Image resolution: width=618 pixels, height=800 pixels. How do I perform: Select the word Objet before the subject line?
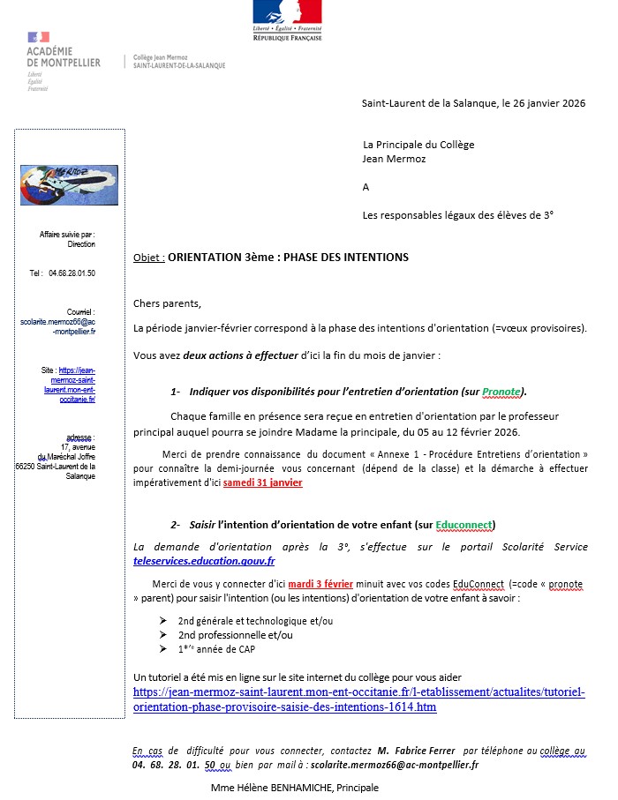[148, 258]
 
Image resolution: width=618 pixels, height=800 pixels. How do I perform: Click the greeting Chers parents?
[167, 303]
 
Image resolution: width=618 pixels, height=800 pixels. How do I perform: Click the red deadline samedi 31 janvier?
[263, 483]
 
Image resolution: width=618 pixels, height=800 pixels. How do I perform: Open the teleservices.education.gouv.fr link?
[203, 560]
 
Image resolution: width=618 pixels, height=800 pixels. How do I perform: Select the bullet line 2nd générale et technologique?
[255, 621]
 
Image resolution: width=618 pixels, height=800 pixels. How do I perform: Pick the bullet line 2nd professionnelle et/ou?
[235, 635]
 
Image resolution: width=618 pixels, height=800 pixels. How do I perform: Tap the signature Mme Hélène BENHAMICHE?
[295, 786]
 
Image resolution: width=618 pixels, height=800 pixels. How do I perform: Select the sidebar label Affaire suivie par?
[67, 234]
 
